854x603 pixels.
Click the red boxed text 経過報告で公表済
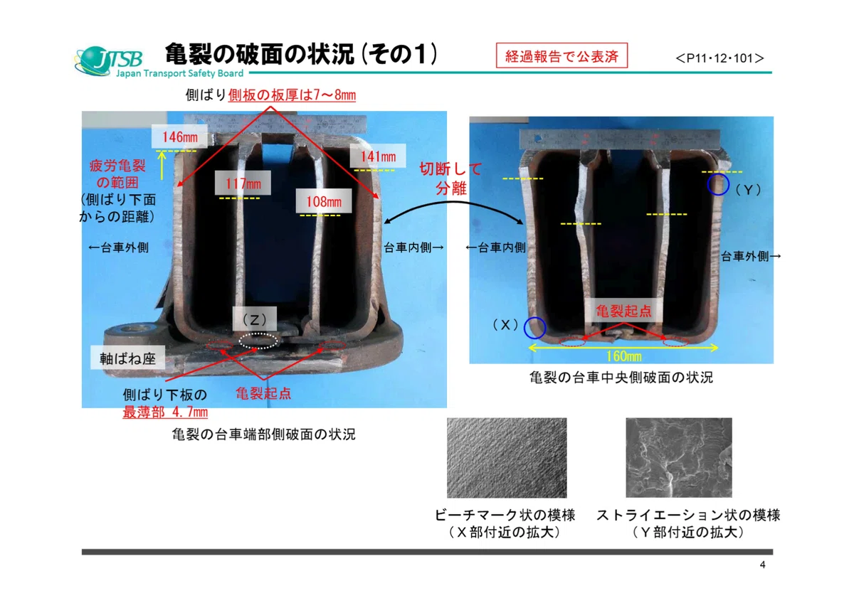tap(562, 55)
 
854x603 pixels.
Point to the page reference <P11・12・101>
tap(719, 58)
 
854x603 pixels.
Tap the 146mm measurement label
tap(179, 137)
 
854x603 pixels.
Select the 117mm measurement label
tap(243, 183)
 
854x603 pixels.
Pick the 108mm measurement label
tap(324, 201)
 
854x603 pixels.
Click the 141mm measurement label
tap(378, 156)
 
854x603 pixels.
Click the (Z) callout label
tap(255, 319)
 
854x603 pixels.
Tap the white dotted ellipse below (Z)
tap(258, 341)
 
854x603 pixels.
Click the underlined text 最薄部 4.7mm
tap(165, 412)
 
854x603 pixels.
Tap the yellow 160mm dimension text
tap(624, 356)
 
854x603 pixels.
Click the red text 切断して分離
tap(451, 178)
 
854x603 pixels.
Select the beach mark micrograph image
tap(507, 458)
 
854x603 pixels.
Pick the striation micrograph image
tap(679, 457)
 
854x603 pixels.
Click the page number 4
tap(762, 565)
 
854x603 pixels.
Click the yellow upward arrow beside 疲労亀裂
tap(162, 165)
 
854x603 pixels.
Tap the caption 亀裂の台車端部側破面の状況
tap(263, 434)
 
